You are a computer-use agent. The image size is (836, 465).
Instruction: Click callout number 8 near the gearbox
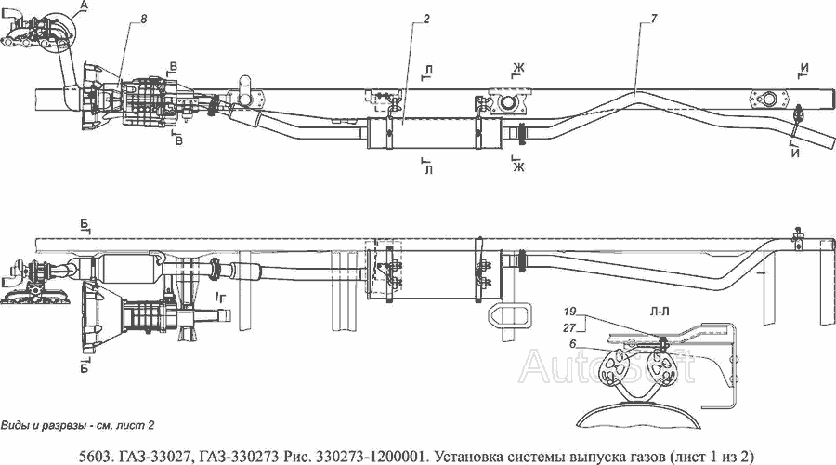tap(144, 19)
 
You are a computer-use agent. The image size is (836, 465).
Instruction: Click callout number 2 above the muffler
tap(426, 19)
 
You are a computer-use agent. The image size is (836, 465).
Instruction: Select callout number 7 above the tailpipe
tap(654, 19)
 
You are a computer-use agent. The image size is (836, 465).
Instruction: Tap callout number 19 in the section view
tap(570, 312)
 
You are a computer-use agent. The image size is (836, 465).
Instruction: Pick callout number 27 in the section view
tap(570, 326)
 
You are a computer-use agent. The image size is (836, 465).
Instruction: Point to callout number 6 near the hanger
tap(572, 344)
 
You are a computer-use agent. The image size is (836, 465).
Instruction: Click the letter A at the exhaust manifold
tap(83, 6)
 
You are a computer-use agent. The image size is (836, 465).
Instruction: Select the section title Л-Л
tap(659, 312)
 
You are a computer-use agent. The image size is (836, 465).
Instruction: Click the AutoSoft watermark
tap(607, 365)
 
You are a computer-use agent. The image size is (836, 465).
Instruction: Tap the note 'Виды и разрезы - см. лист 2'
tap(78, 426)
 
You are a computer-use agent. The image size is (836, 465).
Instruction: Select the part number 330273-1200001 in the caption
tap(372, 457)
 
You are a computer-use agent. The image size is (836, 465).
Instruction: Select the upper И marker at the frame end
tap(804, 68)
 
